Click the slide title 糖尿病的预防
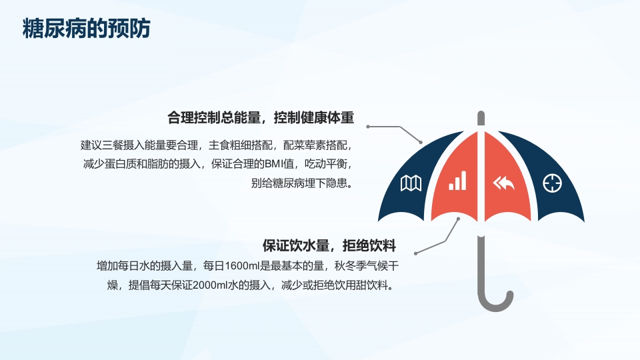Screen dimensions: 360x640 coord(87,30)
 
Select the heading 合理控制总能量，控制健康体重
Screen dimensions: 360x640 coord(261,119)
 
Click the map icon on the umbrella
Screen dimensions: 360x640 coord(410,183)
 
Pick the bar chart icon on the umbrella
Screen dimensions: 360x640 coord(457,181)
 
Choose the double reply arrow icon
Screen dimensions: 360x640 coord(503,183)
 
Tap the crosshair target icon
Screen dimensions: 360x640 coord(553,183)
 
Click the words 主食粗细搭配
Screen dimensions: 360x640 coord(240,144)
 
